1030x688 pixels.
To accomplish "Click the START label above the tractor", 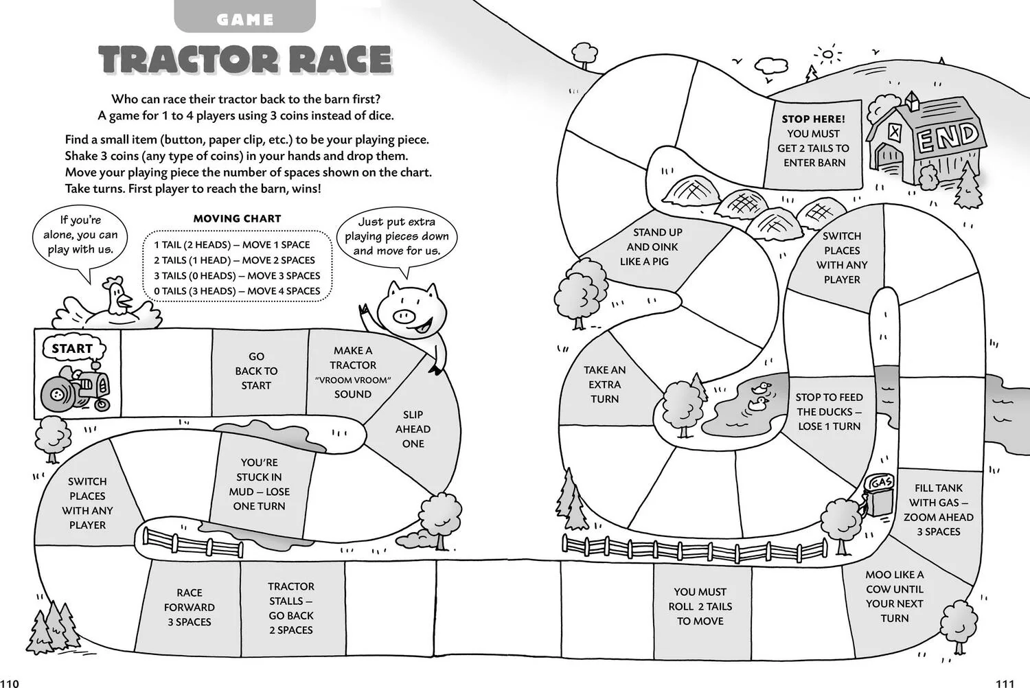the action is (72, 349).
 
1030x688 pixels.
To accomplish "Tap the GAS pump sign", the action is (881, 483).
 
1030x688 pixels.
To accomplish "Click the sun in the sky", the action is (827, 55).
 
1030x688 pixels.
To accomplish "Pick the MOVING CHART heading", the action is (237, 218).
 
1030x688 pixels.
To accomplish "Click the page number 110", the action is (9, 683).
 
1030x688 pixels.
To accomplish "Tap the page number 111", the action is (1005, 683).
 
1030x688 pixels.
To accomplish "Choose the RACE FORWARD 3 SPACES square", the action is (189, 607).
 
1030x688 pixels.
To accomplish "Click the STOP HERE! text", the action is (813, 119).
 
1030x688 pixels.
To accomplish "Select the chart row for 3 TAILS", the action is (237, 275).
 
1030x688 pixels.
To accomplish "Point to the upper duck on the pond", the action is (762, 388).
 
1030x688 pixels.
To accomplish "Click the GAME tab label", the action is (244, 19).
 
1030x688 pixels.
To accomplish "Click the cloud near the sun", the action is (771, 65).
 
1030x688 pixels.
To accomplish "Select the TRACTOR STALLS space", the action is (293, 608).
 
